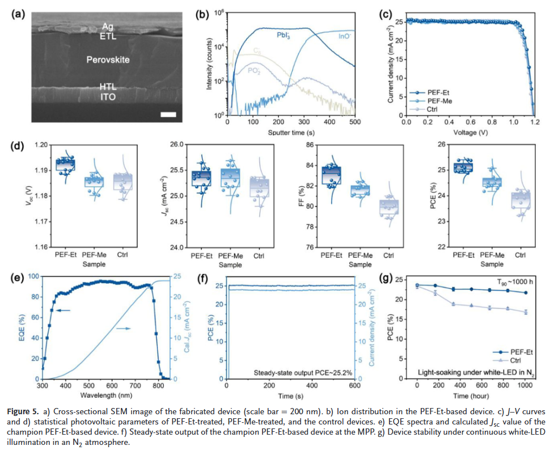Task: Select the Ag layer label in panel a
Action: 108,26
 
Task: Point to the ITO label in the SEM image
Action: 108,97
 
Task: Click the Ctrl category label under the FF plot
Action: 390,255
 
